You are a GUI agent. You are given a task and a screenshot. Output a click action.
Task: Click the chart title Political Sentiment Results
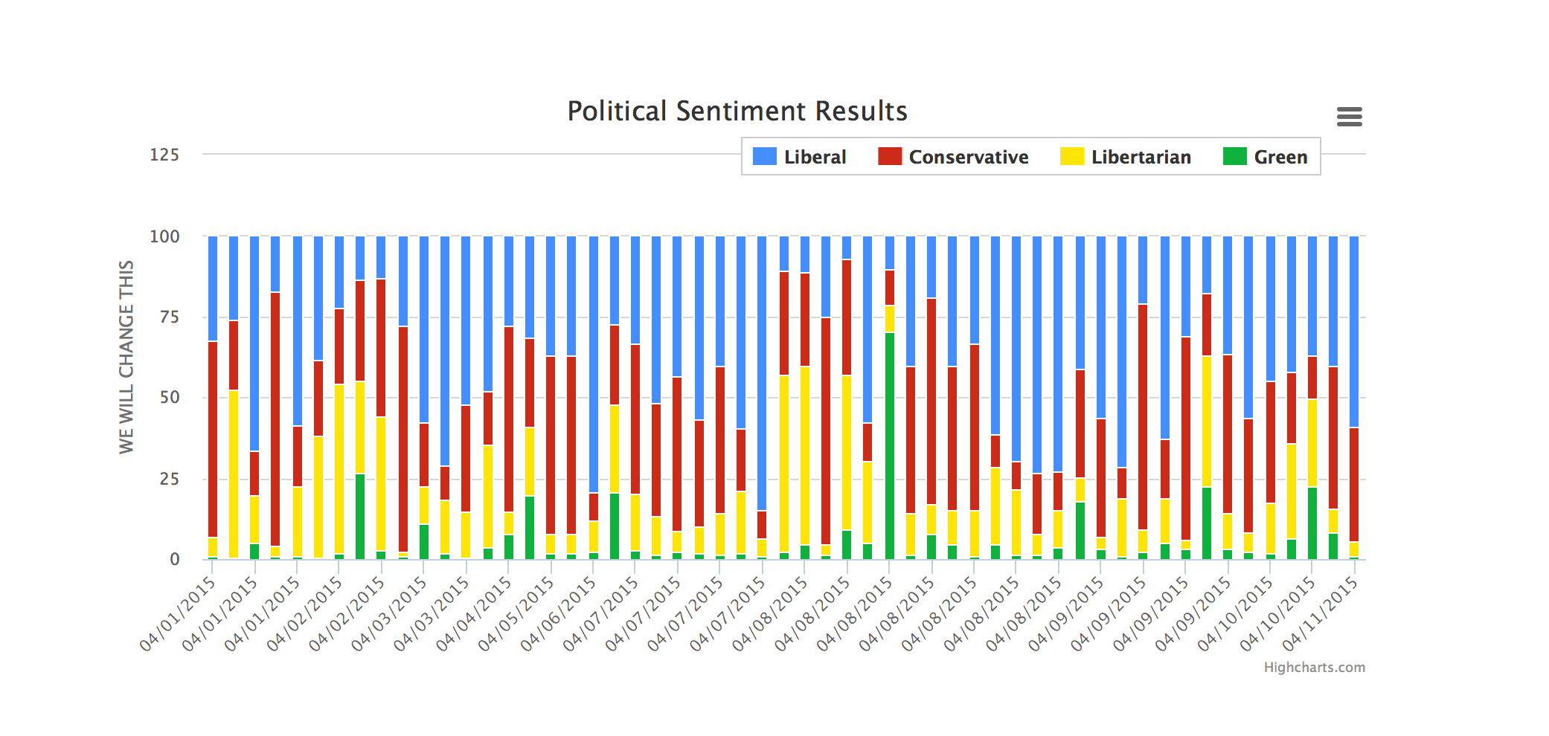pos(737,112)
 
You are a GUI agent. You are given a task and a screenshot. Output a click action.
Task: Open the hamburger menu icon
pos(1349,117)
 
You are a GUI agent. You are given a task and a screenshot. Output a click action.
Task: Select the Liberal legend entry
pos(800,157)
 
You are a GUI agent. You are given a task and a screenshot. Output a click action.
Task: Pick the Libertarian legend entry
pos(1126,157)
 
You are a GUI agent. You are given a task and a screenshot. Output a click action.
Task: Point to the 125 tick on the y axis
pos(164,155)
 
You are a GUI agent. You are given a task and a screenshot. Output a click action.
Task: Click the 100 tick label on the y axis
pos(164,236)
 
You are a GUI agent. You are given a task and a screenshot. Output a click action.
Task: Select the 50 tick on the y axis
pos(169,398)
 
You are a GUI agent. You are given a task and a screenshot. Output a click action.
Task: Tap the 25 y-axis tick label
pos(169,479)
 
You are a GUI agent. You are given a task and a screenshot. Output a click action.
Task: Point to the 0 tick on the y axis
pos(174,560)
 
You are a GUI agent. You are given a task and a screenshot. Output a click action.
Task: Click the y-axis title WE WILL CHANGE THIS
pos(126,357)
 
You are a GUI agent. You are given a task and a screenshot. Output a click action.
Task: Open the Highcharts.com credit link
pos(1314,668)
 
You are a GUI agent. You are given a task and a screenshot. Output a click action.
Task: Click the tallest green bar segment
pos(890,446)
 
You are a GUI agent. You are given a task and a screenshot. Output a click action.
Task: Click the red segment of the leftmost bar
pos(213,439)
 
